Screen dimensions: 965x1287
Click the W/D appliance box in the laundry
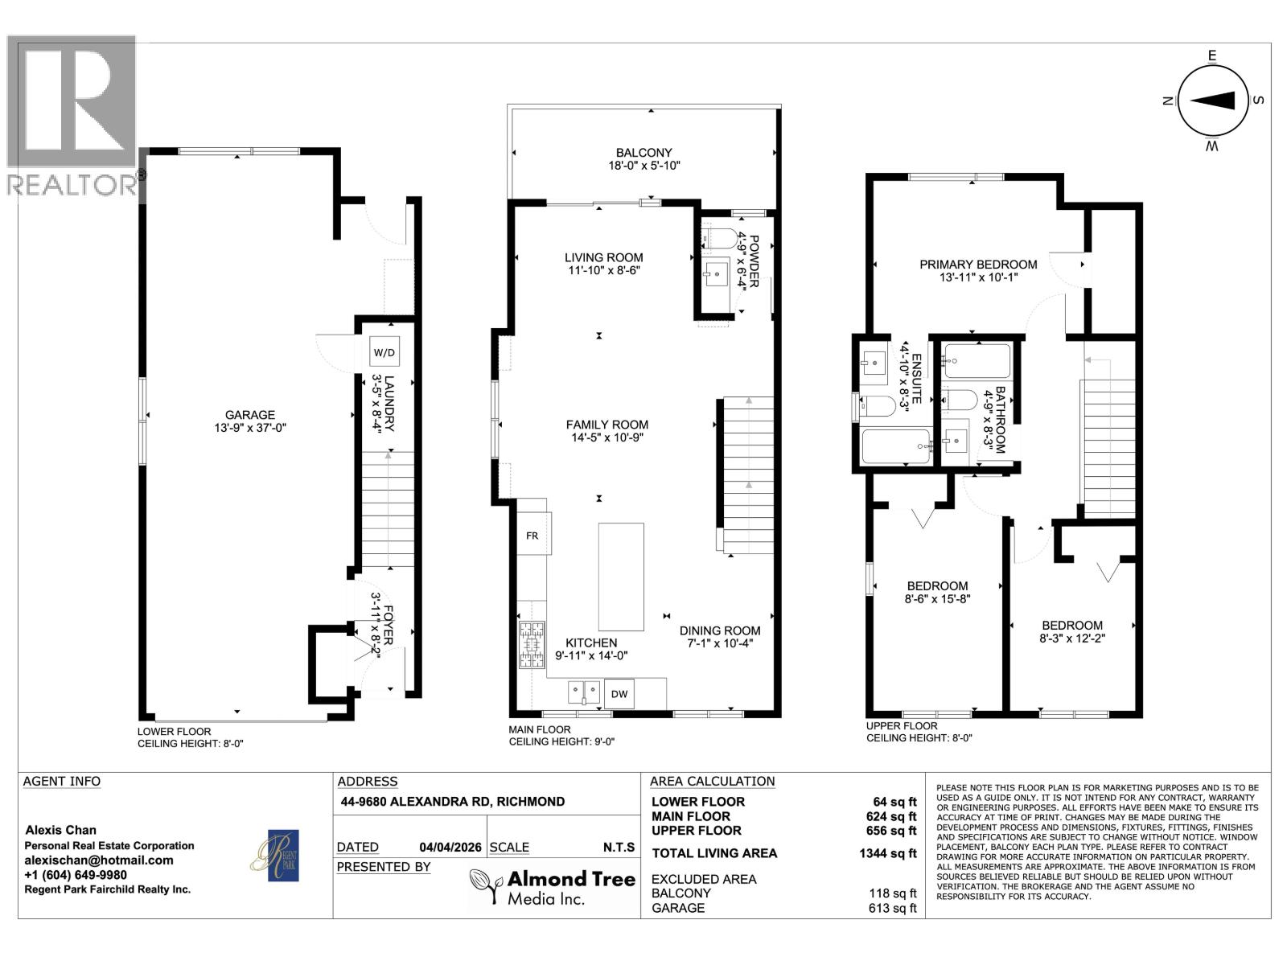[384, 352]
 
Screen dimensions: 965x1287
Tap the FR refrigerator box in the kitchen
[532, 536]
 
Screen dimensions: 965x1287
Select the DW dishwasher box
[619, 693]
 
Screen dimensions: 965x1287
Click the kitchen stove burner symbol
[532, 645]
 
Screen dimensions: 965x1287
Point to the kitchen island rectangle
[621, 577]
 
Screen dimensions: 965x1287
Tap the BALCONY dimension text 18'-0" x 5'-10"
[644, 166]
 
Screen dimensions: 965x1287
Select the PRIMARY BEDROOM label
[978, 264]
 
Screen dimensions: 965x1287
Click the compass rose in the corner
[1211, 101]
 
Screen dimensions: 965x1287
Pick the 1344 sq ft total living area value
[888, 853]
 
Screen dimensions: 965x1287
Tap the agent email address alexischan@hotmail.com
[99, 860]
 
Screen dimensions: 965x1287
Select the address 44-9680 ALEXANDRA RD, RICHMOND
[451, 802]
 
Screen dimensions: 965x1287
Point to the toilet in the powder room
[719, 237]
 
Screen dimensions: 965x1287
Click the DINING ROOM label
[719, 630]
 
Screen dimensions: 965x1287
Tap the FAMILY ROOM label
[606, 425]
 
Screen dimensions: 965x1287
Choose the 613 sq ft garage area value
[888, 908]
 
